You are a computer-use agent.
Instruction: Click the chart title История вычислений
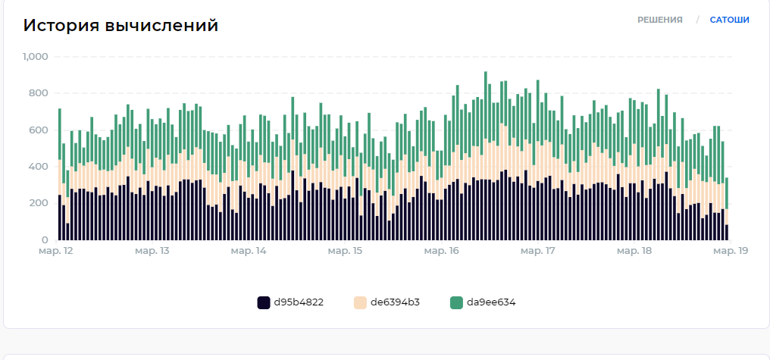coord(121,26)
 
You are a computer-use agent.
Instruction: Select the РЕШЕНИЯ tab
coord(659,20)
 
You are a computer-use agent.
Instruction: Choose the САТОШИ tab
coord(729,20)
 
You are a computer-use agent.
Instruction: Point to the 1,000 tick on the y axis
coord(36,57)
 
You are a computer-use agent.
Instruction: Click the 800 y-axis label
coord(39,93)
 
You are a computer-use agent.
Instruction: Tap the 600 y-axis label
coord(39,130)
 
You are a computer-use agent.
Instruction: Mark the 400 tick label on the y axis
coord(39,167)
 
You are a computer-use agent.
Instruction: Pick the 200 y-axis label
coord(39,203)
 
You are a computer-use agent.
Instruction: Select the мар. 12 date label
coord(56,251)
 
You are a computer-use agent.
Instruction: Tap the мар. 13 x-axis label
coord(152,251)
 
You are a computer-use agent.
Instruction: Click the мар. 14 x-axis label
coord(249,251)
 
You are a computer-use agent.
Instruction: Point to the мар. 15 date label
coord(345,251)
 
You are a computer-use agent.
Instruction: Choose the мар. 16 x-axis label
coord(441,251)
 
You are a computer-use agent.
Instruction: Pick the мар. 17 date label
coord(537,251)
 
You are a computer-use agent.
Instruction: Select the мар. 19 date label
coord(730,251)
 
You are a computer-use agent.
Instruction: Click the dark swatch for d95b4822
coord(264,302)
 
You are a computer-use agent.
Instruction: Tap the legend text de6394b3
coord(395,302)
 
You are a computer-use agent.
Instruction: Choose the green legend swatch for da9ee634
coord(456,302)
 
